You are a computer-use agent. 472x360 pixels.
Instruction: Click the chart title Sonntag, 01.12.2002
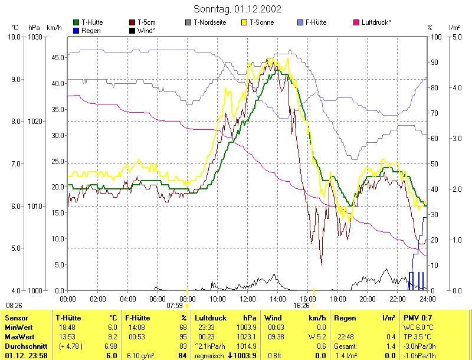point(237,9)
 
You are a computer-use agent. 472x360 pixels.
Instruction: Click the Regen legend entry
point(90,30)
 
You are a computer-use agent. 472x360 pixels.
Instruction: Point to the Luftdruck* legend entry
point(375,22)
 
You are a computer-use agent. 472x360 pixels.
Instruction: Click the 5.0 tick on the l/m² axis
point(457,37)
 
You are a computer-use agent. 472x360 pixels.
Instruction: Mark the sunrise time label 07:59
point(175,306)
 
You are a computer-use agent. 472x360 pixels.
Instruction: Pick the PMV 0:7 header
point(418,318)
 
